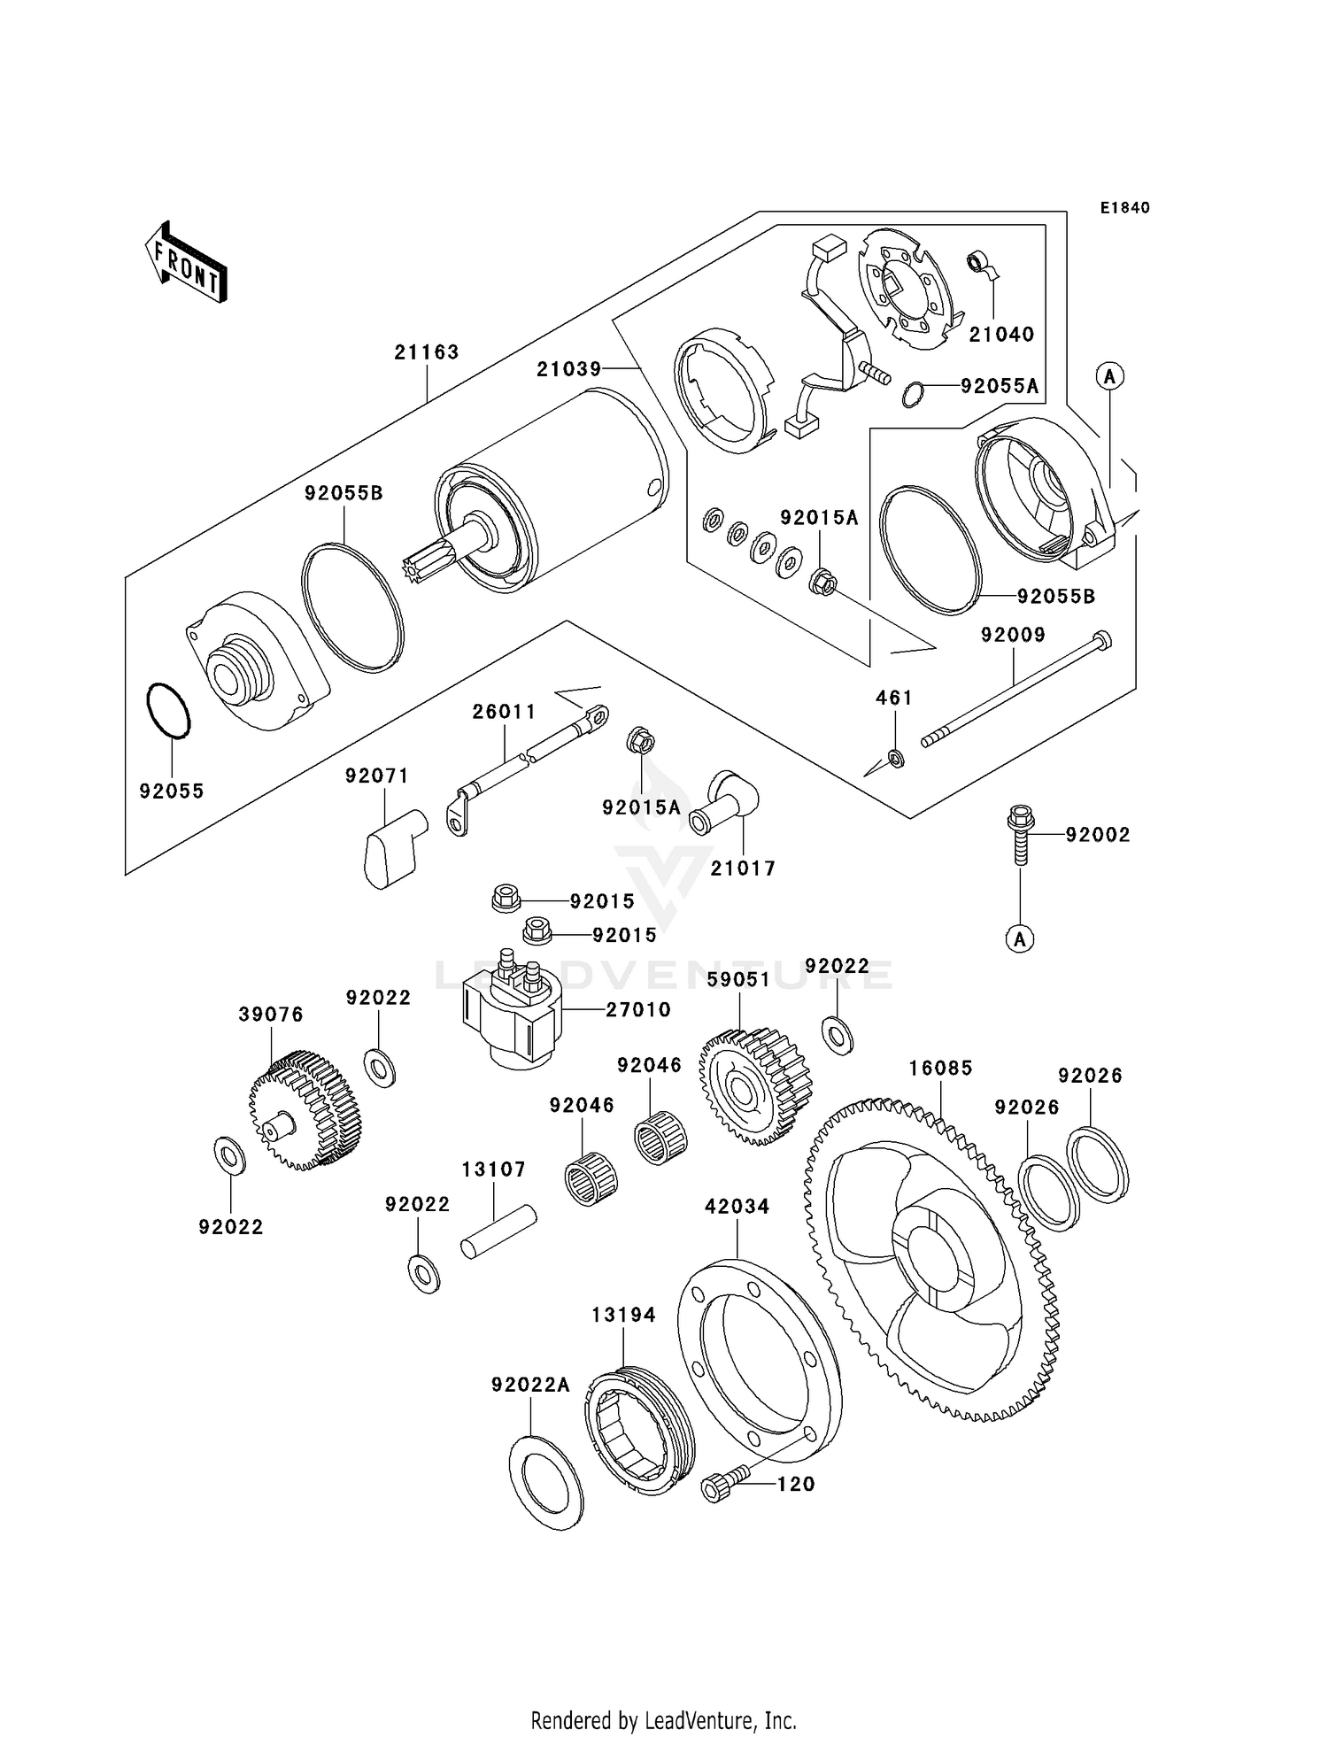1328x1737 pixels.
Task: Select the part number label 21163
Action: pos(427,352)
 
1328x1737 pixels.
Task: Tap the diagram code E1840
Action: pos(1124,208)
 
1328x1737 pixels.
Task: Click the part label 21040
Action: pos(1001,335)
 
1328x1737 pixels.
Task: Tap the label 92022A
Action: pos(530,1385)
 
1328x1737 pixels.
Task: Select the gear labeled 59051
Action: pos(754,1086)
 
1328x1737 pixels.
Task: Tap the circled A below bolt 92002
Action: pos(1019,938)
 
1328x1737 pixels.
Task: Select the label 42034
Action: pos(737,1207)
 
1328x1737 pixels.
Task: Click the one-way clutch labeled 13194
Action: pos(639,1431)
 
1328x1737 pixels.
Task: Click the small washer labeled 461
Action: pos(895,758)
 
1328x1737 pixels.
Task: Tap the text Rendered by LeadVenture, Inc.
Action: pos(663,1720)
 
